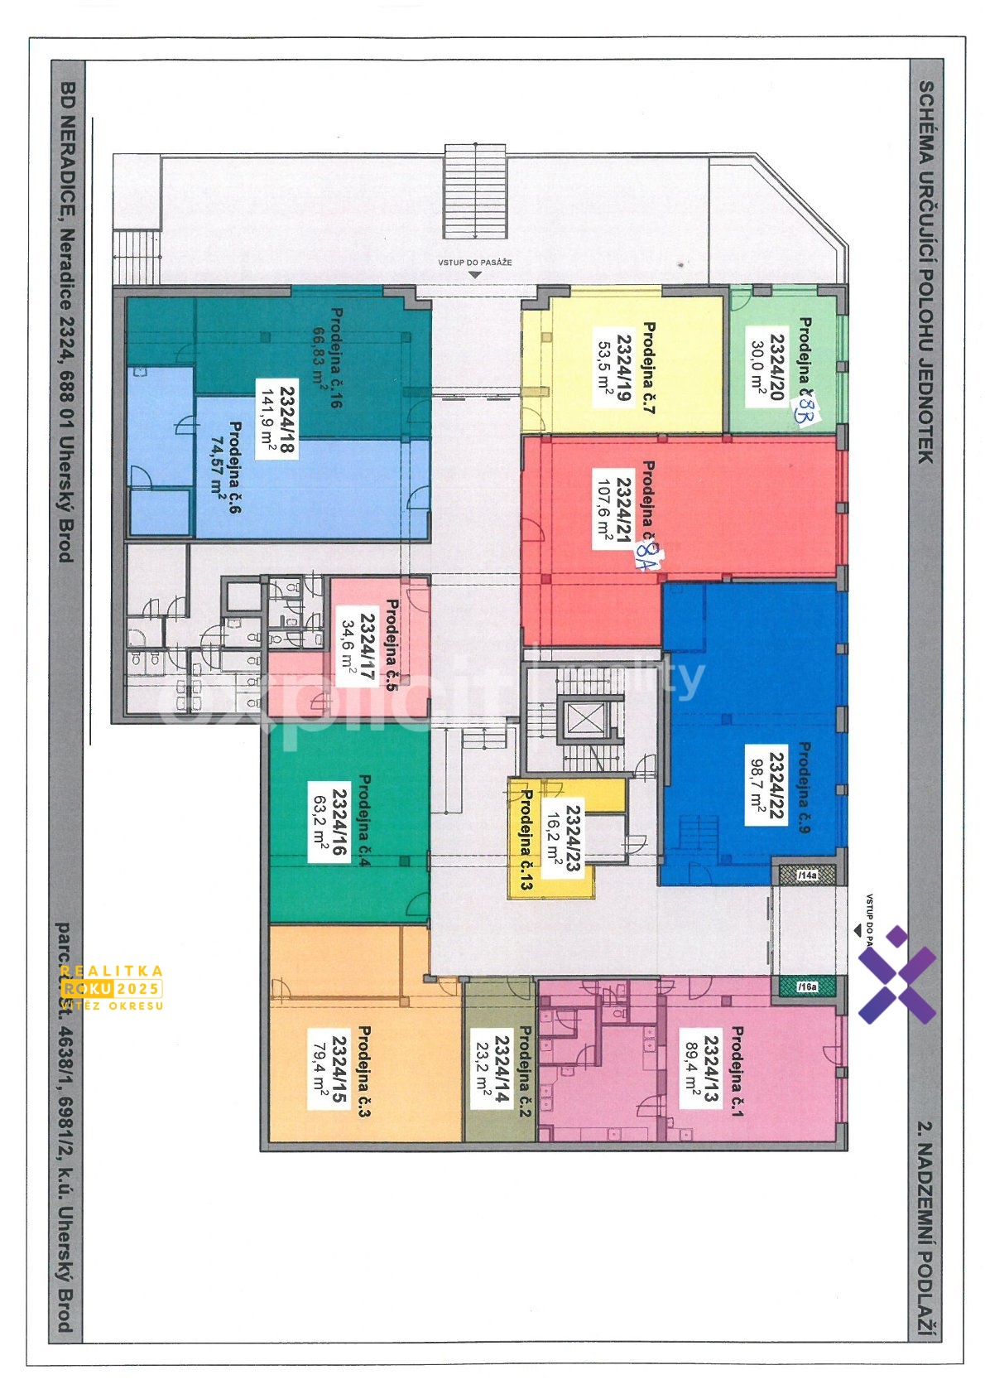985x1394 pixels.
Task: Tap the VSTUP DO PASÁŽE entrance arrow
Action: (474, 273)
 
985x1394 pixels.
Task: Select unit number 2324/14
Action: (502, 1068)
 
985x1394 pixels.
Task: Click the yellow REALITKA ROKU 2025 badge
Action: (111, 987)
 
